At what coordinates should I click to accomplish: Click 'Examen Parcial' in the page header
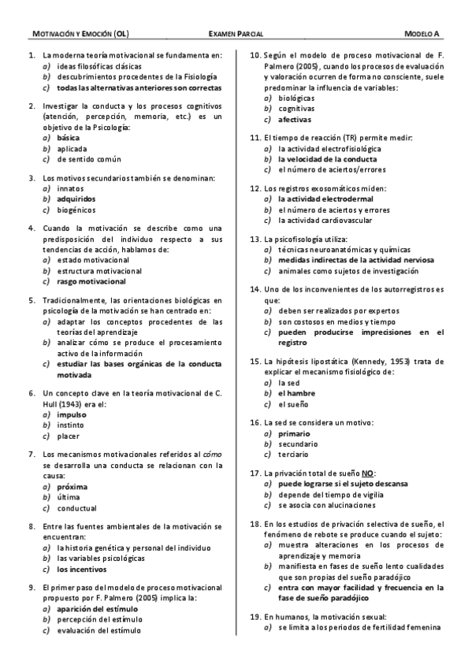[x=236, y=35]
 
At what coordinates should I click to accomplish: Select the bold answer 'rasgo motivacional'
[x=91, y=281]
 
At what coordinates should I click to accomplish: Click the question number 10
[x=255, y=56]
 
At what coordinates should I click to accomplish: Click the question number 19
[x=255, y=617]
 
